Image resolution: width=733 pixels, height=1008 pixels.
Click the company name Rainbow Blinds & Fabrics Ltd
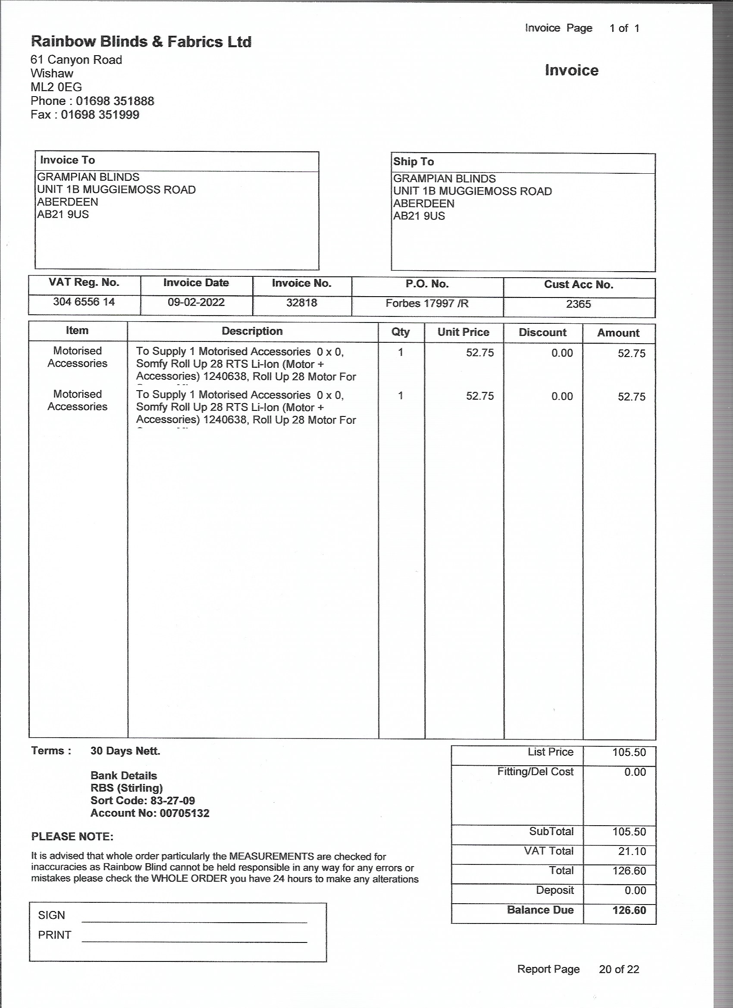click(141, 42)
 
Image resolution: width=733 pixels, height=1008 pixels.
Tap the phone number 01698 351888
click(115, 101)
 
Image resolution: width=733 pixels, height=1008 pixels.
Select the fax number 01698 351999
click(100, 115)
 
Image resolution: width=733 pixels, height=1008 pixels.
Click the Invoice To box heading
click(68, 160)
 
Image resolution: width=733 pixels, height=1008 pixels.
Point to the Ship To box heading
click(413, 162)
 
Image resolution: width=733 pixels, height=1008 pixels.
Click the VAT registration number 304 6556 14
click(84, 302)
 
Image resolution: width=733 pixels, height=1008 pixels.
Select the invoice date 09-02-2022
click(196, 303)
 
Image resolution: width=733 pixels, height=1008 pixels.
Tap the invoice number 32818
click(301, 303)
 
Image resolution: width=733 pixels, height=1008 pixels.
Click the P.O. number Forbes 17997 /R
click(427, 304)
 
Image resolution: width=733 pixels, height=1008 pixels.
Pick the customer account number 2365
click(578, 304)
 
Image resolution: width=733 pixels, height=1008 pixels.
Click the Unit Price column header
click(463, 332)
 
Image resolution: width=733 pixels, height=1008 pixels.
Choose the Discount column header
click(542, 333)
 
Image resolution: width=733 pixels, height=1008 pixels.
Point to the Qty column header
click(401, 332)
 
